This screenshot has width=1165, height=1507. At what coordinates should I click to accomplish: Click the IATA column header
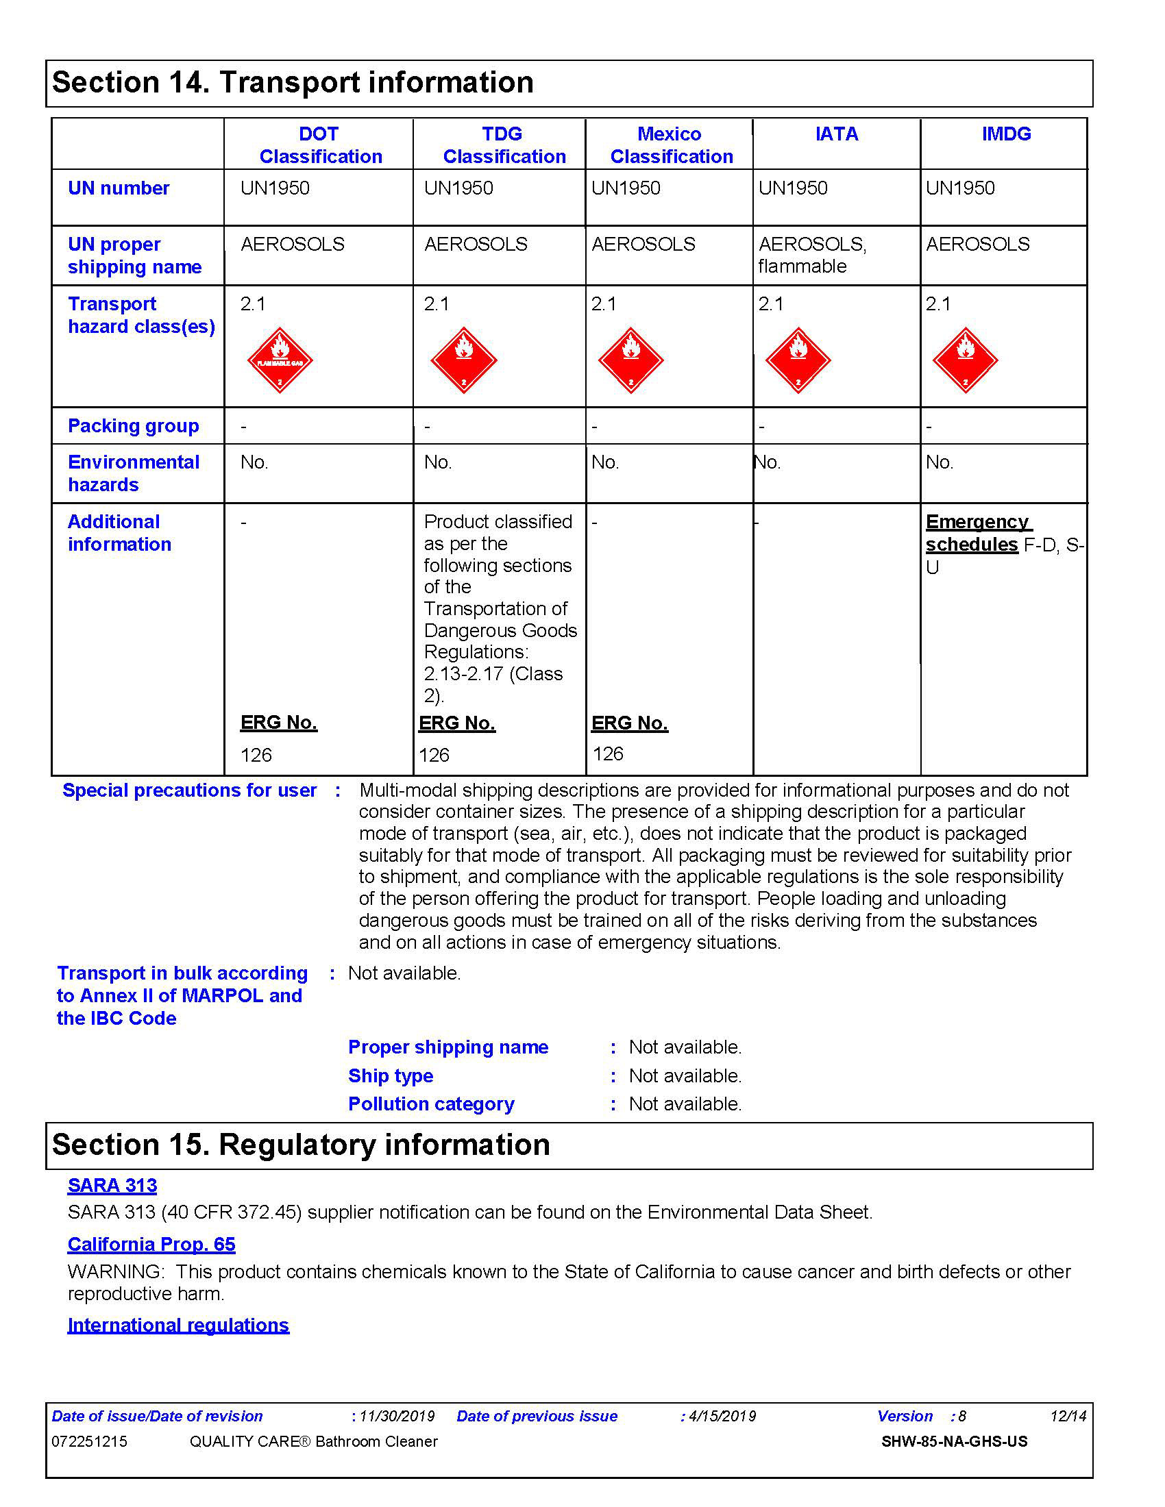coord(837,134)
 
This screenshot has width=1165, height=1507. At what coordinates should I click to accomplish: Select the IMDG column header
coord(1006,134)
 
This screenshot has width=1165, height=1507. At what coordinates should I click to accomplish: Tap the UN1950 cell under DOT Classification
coord(275,188)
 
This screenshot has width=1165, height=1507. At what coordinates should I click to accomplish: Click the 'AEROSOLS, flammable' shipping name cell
coord(812,255)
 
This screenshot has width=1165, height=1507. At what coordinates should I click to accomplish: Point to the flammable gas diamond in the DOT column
coord(280,360)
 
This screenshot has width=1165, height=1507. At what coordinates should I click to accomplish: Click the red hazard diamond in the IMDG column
coord(965,360)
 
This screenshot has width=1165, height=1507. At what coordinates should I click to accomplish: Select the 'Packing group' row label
coord(133,426)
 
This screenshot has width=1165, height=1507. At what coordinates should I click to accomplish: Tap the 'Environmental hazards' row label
coord(133,473)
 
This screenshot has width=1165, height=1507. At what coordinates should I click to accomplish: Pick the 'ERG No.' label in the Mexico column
coord(629,723)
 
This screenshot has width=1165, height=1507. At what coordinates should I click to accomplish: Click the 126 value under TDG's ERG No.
coord(434,755)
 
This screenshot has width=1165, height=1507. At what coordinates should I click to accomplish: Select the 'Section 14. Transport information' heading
coord(293,82)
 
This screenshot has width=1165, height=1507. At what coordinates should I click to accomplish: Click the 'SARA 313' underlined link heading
coord(112,1186)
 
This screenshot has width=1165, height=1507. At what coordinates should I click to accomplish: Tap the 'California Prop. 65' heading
coord(151,1244)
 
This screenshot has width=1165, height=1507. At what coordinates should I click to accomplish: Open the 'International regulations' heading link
coord(178,1325)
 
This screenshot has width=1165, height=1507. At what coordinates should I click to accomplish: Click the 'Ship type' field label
coord(391,1075)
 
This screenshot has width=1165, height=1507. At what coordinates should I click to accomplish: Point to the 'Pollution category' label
coord(431,1104)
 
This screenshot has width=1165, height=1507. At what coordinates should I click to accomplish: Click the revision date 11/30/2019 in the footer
coord(397,1417)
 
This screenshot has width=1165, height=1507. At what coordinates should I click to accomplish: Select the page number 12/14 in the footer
coord(1068,1417)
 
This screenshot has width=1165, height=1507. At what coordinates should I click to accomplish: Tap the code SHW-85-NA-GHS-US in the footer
coord(954,1441)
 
